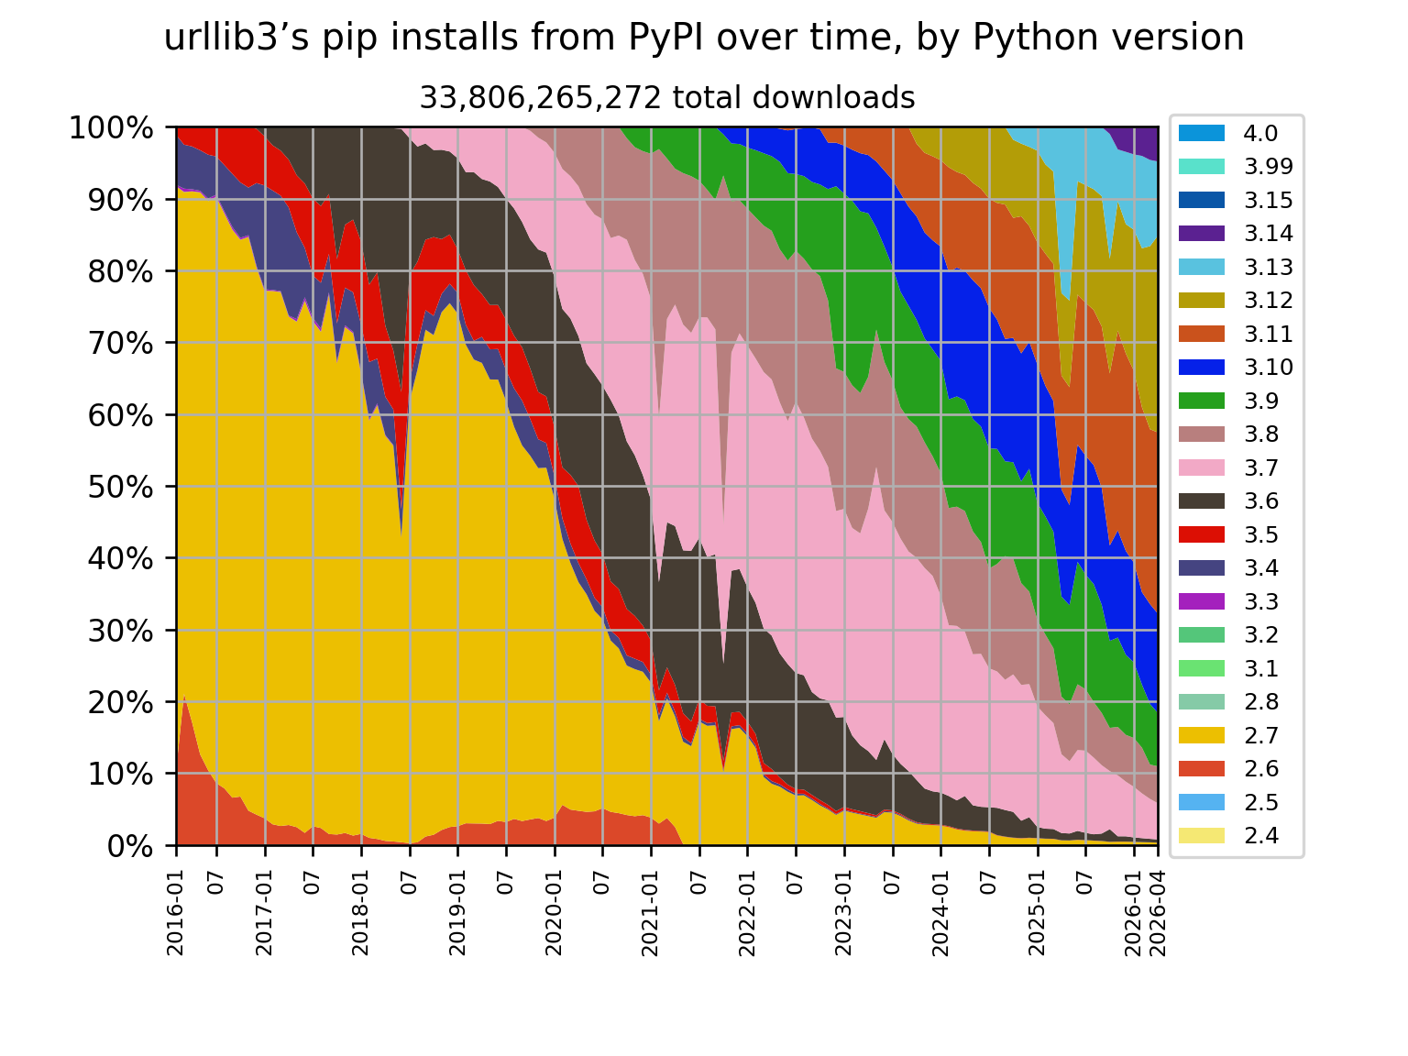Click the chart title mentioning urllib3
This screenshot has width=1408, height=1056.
pos(704,38)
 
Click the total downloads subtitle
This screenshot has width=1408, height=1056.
pos(667,98)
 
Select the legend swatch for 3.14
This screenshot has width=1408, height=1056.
pos(1202,234)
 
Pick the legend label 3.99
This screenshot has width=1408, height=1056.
pos(1268,167)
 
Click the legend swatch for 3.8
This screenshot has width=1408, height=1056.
pos(1202,434)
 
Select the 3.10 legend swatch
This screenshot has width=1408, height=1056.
pos(1202,368)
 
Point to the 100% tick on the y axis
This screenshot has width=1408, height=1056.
pos(111,128)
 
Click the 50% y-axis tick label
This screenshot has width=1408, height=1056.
pos(121,488)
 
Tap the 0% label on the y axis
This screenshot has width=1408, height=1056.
pos(130,847)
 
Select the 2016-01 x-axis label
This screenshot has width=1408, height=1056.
pos(176,913)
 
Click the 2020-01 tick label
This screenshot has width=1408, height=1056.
pos(554,913)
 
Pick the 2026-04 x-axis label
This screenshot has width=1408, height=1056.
pos(1158,913)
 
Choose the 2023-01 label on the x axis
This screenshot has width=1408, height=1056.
pos(843,913)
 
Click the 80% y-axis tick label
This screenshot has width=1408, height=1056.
pos(121,272)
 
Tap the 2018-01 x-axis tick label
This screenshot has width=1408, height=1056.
pos(361,913)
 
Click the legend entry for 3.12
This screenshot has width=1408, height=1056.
pos(1236,301)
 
